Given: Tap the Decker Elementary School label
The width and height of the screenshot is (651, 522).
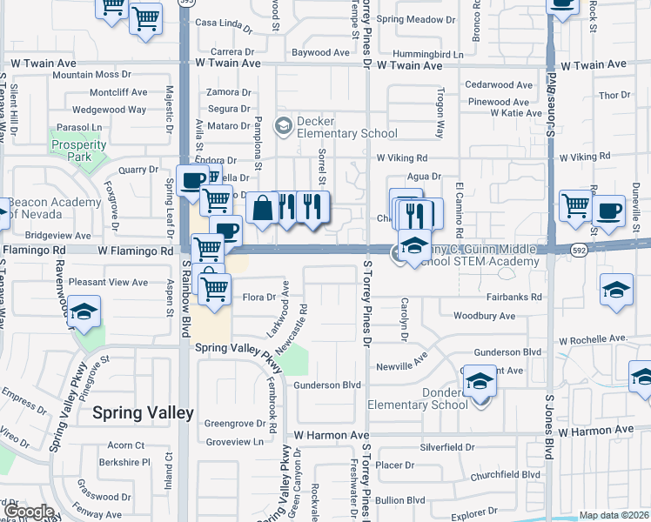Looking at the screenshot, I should click(346, 127).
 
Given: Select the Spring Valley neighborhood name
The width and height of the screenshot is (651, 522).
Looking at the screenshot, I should click(144, 413).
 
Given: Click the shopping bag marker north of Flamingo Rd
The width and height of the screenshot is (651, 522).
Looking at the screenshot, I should click(262, 209).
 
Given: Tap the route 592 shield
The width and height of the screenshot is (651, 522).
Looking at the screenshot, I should click(578, 250).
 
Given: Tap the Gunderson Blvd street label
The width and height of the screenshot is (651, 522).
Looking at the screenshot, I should click(326, 385).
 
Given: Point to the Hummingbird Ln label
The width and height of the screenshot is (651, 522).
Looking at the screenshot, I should click(428, 54).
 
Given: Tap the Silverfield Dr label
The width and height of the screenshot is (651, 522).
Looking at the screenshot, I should click(446, 447).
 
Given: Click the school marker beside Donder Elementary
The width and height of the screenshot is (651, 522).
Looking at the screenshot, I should click(478, 382).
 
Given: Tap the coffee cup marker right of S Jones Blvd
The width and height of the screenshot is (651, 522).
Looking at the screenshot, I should click(608, 210).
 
